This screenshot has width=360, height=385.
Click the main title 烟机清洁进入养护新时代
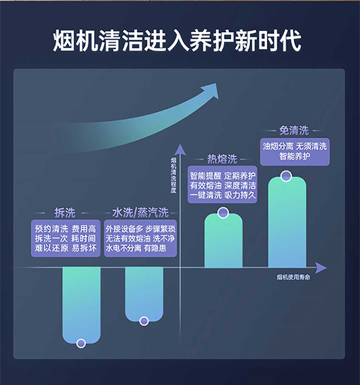coord(177,40)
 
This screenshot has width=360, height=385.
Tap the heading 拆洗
coord(65,213)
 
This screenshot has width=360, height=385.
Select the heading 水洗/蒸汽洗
coord(140,213)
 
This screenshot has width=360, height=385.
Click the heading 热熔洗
coord(222,159)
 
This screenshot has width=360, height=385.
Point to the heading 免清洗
coord(294,131)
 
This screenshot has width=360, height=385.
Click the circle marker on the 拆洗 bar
coord(81,343)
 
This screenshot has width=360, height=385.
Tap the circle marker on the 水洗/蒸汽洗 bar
coord(144,321)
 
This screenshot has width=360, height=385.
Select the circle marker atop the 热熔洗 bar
coord(223,213)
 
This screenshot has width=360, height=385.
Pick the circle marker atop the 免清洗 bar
coord(286,176)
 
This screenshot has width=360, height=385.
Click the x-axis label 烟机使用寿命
coord(293,277)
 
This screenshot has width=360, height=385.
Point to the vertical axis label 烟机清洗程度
coord(174,175)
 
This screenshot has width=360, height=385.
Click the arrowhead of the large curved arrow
coord(211,90)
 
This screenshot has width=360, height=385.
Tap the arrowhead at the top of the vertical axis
coord(180,149)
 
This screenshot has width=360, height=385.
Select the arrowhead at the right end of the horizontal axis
coord(321,268)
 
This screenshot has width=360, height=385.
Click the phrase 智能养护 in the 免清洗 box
coord(295,156)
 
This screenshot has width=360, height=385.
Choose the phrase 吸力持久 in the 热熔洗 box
coord(240,195)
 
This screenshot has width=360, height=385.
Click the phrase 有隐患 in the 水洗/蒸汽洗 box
coord(155,248)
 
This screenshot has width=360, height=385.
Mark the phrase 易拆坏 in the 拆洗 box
coord(84,248)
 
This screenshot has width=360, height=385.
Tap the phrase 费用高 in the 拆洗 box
coord(84,229)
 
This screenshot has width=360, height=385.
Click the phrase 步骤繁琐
coord(160,229)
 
